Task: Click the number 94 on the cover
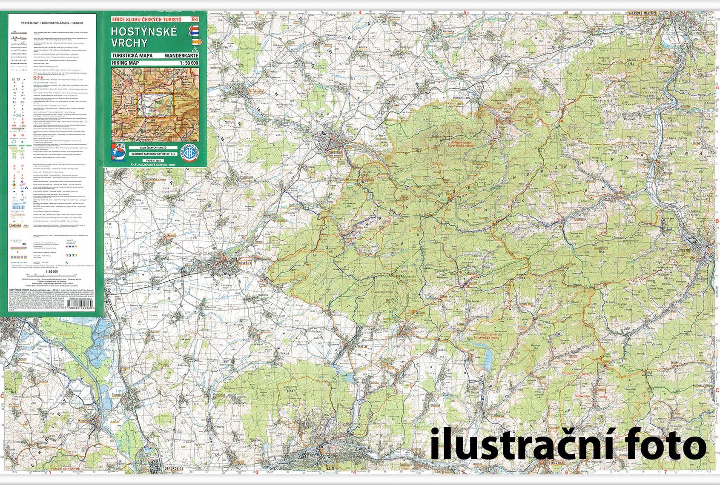pyautogui.click(x=194, y=20)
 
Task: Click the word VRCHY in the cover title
pyautogui.click(x=129, y=43)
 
